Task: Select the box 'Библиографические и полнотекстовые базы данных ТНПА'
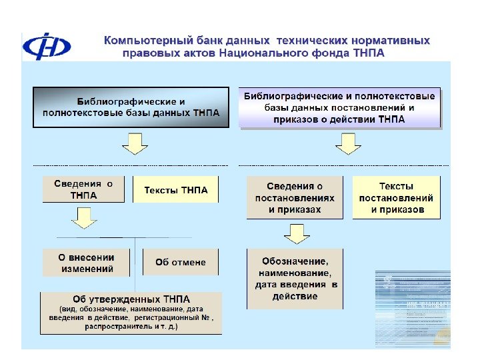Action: pyautogui.click(x=131, y=107)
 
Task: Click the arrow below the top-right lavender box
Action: pyautogui.click(x=347, y=143)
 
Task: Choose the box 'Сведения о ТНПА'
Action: pyautogui.click(x=83, y=189)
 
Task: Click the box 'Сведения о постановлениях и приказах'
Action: pyautogui.click(x=295, y=197)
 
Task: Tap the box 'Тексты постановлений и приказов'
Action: pyautogui.click(x=397, y=197)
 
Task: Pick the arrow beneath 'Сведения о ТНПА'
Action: pyautogui.click(x=84, y=218)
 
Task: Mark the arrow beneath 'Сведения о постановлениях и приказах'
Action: pyautogui.click(x=297, y=234)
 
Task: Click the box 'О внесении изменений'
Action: pyautogui.click(x=87, y=263)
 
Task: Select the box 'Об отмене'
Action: pyautogui.click(x=180, y=262)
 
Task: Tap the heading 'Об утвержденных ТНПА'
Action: pyautogui.click(x=131, y=298)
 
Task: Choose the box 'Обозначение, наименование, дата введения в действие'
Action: pyautogui.click(x=295, y=279)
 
